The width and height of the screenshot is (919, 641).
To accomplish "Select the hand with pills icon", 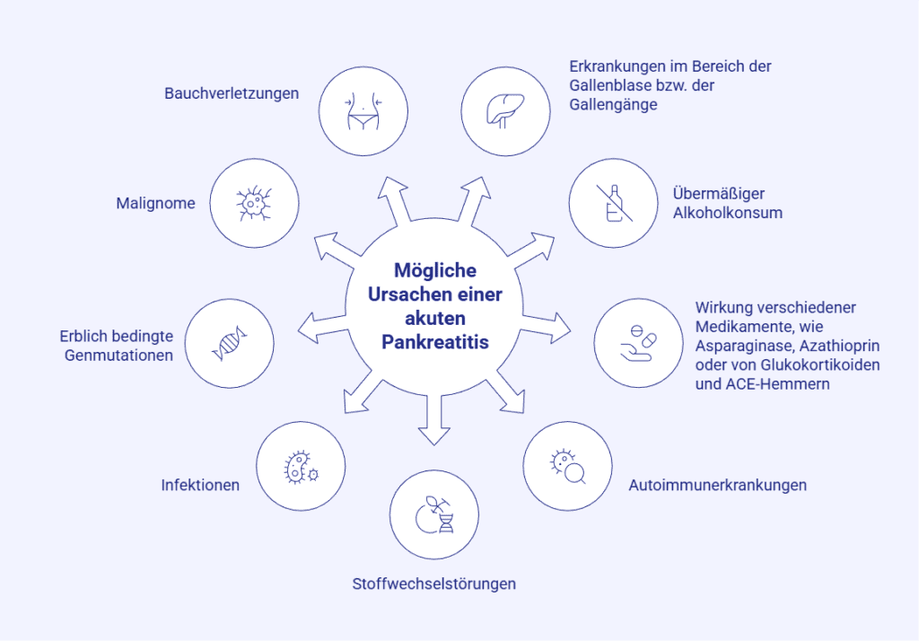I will (639, 342).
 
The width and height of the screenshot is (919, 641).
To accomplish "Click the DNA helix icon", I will (230, 342).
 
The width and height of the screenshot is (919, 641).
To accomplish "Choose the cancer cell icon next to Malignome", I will (255, 203).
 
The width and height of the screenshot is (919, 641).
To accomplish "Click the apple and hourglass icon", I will (434, 514).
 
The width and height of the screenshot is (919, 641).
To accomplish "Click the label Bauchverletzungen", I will (232, 93).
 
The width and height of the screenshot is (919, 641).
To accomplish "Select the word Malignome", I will (155, 204).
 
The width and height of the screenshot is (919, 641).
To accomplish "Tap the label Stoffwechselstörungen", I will (433, 584).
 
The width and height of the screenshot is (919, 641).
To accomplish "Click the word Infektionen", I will (200, 486).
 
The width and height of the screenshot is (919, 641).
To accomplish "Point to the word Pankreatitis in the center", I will (435, 342).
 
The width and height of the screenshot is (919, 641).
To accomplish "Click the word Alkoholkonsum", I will (728, 213).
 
